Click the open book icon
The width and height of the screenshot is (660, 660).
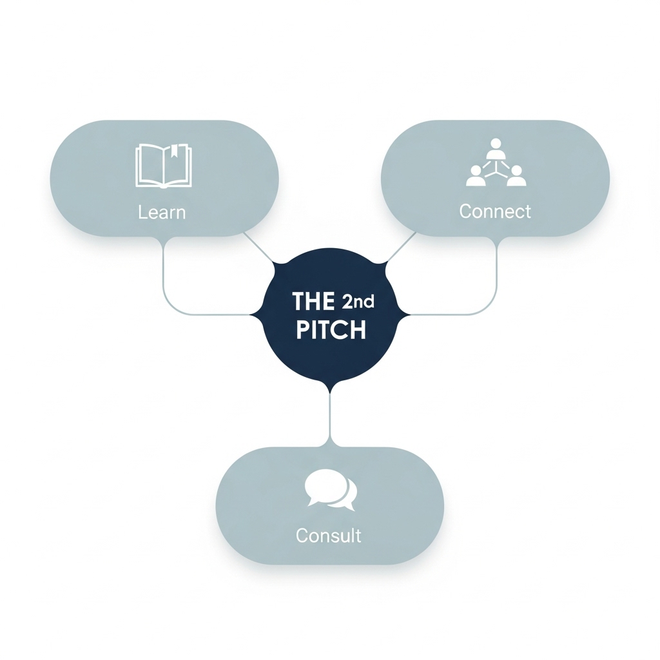[163, 166]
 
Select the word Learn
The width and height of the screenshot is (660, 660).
[162, 212]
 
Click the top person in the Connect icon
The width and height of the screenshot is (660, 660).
[495, 149]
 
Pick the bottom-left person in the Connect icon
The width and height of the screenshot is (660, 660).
[475, 176]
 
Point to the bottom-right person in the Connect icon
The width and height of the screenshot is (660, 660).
[516, 176]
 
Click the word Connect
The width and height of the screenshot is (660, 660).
[495, 211]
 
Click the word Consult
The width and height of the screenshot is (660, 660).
[329, 535]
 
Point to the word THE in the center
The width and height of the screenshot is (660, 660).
[313, 301]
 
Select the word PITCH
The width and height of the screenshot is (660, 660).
[331, 330]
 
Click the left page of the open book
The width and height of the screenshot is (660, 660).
[150, 166]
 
